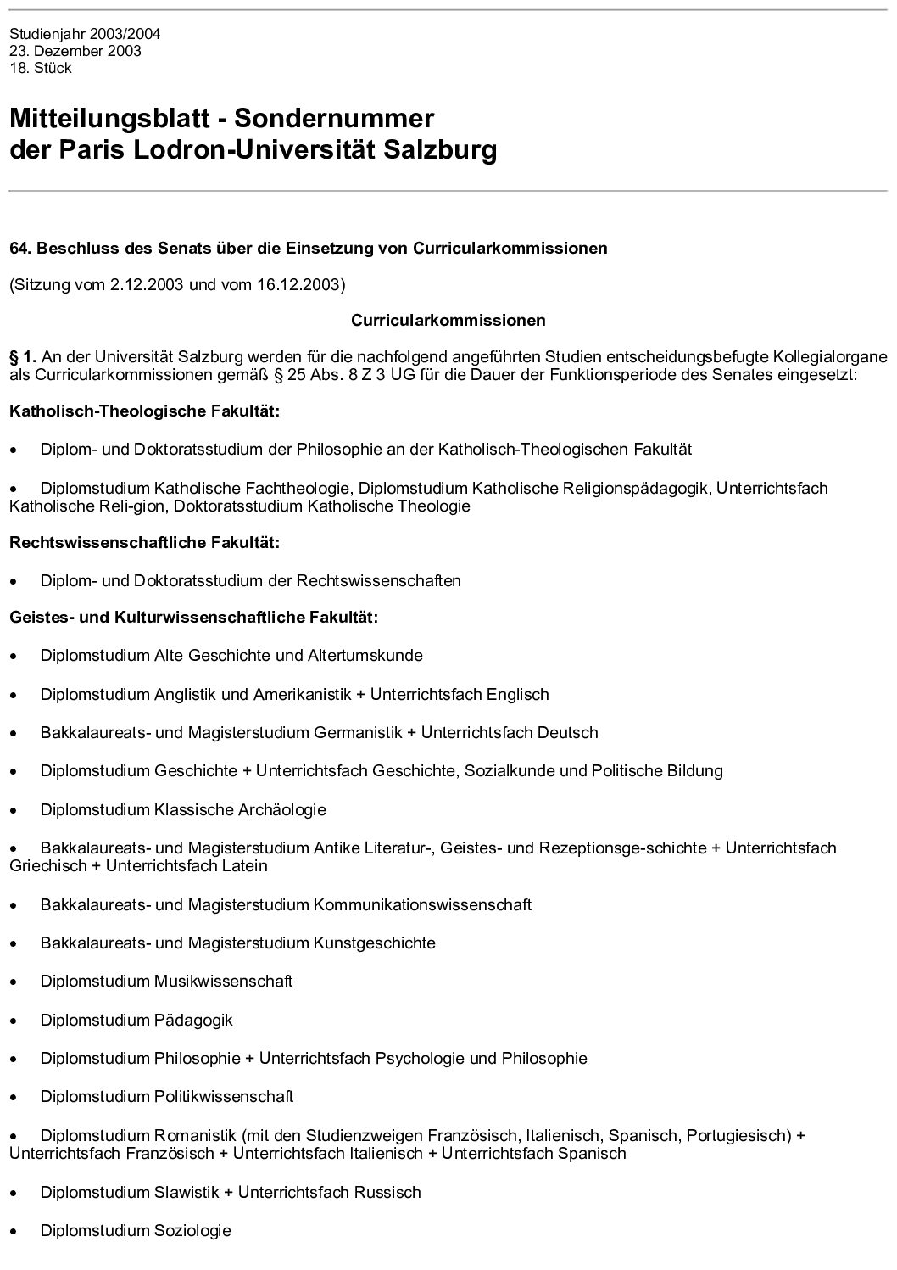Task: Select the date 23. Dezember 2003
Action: tap(75, 51)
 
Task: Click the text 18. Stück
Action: tap(41, 68)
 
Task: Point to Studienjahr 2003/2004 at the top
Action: tap(85, 35)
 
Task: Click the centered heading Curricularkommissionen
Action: tap(448, 321)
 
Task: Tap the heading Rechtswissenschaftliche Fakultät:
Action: tap(144, 541)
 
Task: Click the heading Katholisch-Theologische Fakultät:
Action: tap(144, 411)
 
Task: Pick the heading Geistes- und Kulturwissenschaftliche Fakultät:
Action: tap(193, 617)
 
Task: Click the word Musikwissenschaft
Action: tap(223, 982)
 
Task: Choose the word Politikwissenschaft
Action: tap(224, 1097)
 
